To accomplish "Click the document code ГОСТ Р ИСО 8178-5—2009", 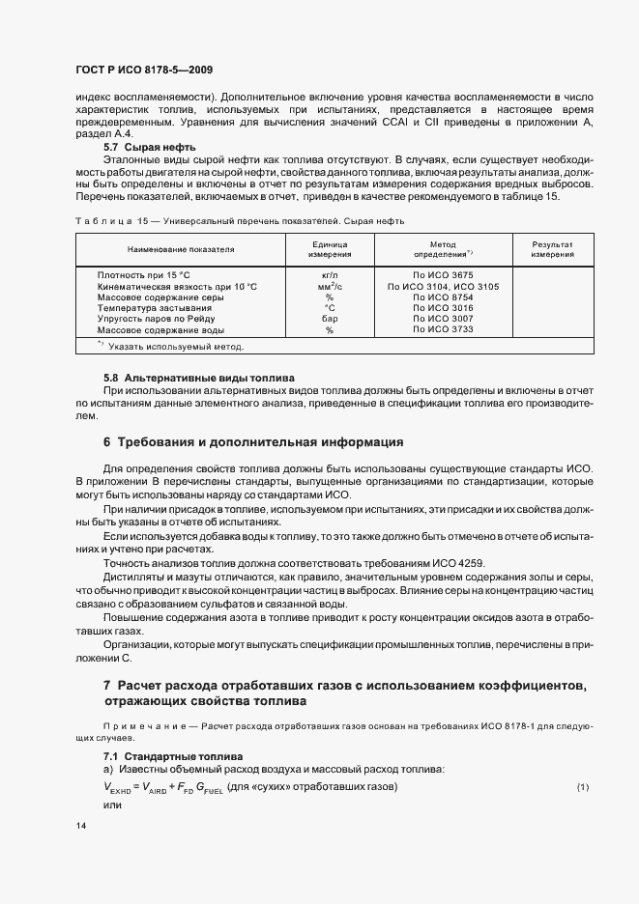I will pos(143,70).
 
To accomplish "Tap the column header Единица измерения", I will pos(329,250).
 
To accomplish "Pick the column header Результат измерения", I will pos(551,250).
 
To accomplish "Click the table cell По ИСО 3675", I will pos(442,275).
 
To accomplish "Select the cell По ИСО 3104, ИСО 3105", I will pos(442,287).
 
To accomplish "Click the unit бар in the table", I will pos(329,318).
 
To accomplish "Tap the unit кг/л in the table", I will pos(329,275).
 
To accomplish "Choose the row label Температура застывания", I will pos(155,307).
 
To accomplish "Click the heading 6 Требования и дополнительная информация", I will pos(252,442).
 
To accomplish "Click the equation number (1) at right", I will pos(583,788).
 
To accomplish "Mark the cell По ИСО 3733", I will pos(442,329).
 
